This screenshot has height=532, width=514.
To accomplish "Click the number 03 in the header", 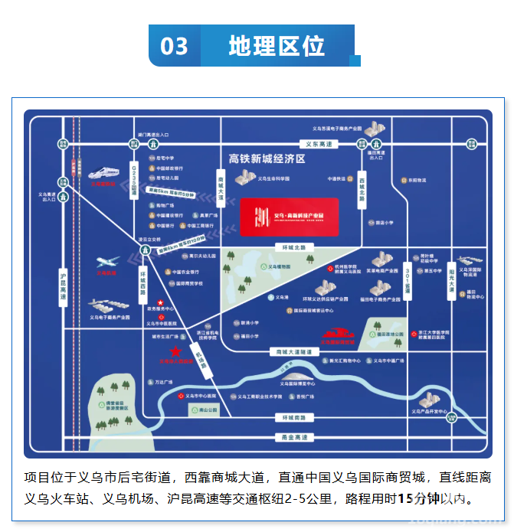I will pos(174,46).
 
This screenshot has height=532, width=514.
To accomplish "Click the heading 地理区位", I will pos(277,46).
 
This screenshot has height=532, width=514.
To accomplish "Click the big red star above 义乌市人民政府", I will pos(177,351).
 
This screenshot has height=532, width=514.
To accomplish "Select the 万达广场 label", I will pos(165,381).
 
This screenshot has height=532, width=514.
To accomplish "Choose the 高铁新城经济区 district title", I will pos(267,159).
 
